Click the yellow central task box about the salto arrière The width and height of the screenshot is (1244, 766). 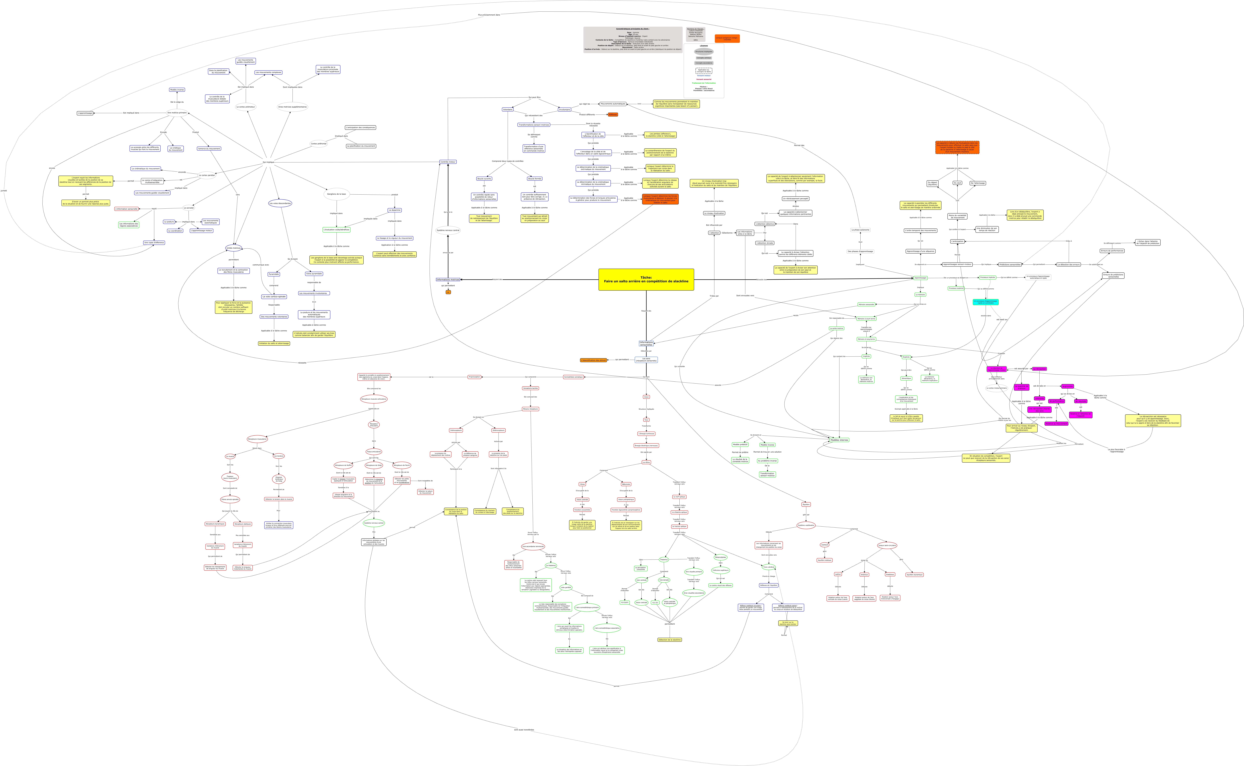point(646,280)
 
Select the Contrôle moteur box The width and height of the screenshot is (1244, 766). point(448,162)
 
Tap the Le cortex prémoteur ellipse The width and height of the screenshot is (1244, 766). point(246,107)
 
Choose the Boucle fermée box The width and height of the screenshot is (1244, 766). point(535,179)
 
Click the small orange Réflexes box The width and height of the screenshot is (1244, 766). point(613,115)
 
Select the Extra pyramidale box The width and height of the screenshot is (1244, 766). point(314,274)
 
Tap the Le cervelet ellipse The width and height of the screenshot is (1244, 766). point(189,208)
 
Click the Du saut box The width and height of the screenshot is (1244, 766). point(957,183)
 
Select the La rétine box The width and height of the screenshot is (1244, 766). point(646,463)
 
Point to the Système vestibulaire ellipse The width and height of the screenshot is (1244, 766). point(806,525)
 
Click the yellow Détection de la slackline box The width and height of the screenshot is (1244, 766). point(669,640)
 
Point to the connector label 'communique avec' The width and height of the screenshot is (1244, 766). point(260,265)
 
